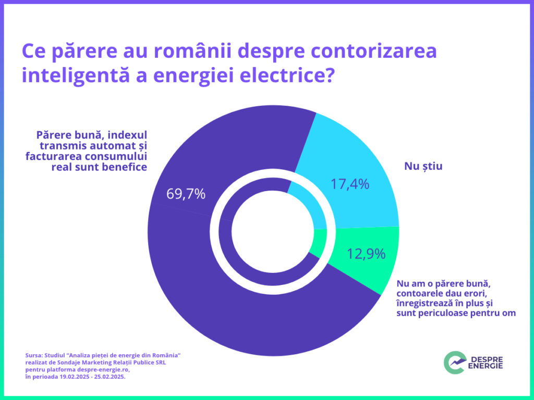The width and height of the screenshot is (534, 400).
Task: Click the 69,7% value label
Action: pos(186,194)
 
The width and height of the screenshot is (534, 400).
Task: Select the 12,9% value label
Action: pos(366,254)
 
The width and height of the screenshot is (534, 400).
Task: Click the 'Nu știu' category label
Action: pos(423,167)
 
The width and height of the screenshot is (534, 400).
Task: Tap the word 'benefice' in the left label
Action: pos(125,167)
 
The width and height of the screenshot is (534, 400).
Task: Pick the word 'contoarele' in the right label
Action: pos(420,294)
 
